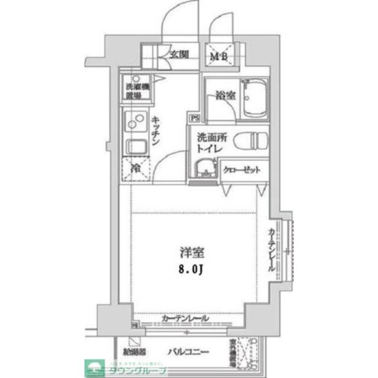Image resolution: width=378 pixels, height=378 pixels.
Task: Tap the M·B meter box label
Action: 220,57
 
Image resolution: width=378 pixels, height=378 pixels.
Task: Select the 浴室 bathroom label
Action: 225,94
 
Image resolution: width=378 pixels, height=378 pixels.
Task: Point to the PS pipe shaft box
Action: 194,118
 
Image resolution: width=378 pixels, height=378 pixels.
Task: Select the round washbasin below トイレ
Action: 205,168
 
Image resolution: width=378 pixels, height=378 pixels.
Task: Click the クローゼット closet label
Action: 241,170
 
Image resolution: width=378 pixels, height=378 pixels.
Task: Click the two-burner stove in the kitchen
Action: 135,122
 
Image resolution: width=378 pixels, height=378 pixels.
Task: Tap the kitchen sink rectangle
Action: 134,148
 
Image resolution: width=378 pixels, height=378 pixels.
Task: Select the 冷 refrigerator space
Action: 135,169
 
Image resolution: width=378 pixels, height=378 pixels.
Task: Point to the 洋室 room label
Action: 192,254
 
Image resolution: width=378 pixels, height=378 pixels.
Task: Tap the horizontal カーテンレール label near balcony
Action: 185,319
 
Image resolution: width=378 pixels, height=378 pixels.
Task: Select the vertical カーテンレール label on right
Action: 272,249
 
